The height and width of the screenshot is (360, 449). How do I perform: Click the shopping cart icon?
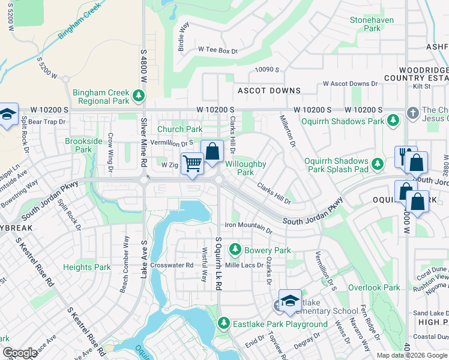point(192,163)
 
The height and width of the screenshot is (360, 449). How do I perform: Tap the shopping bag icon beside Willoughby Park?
point(212,152)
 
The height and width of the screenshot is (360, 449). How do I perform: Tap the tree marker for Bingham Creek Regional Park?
point(139,96)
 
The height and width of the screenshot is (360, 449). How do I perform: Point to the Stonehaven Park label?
point(372,24)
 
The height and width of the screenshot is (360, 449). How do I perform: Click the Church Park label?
point(179,129)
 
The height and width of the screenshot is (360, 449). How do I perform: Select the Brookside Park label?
point(79,145)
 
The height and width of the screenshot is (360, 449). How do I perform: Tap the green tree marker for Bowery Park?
point(235,249)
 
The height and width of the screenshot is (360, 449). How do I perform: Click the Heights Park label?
point(86,267)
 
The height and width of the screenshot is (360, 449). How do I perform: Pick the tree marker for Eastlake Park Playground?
point(224,324)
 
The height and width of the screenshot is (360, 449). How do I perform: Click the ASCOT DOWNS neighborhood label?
point(269,91)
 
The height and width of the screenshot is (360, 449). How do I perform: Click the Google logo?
point(20,353)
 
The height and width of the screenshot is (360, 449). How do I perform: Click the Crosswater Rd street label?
point(172,265)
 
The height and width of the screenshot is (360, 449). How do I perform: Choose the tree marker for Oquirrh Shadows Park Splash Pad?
point(377,164)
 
